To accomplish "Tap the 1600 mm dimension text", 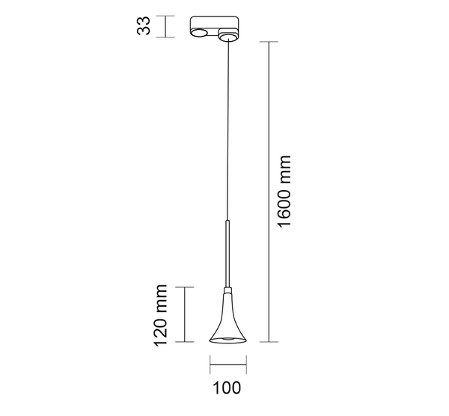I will click(283, 193).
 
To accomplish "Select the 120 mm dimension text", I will click(159, 315).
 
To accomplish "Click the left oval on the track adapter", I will click(199, 32).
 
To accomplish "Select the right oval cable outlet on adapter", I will click(227, 33).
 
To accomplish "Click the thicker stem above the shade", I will click(227, 251).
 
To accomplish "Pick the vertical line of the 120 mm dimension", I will click(184, 315).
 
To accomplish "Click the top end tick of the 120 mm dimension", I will click(184, 287).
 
